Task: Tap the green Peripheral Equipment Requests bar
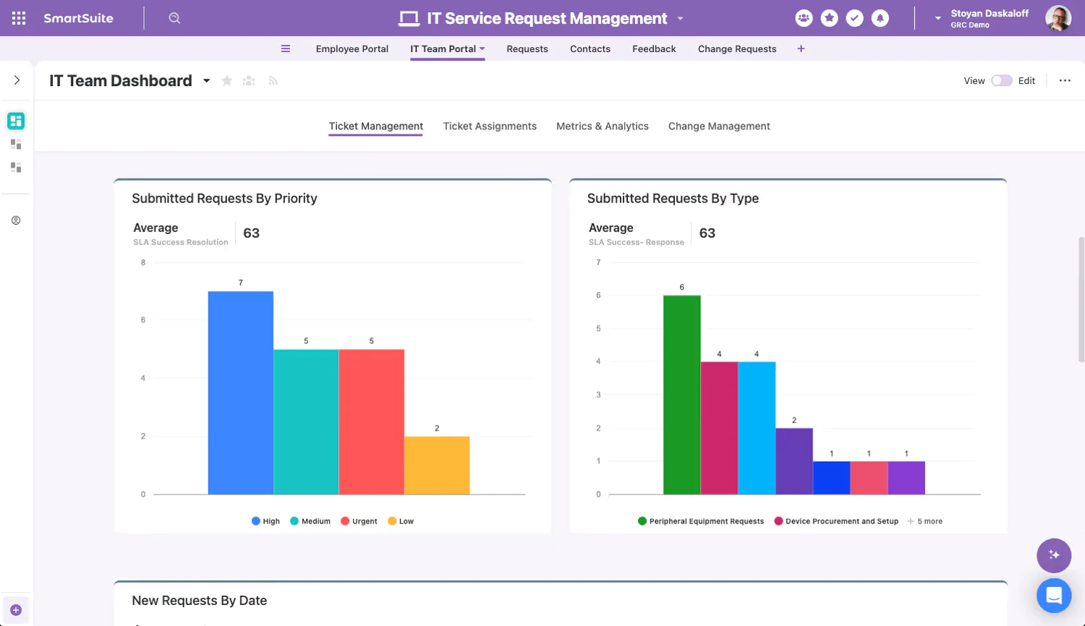tap(681, 395)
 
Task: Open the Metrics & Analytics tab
tap(602, 126)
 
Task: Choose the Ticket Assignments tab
tap(490, 126)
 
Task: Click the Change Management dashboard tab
tap(718, 126)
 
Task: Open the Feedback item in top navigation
tap(654, 49)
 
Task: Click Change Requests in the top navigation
tap(736, 49)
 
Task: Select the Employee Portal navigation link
tap(352, 49)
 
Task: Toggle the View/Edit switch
tap(1001, 81)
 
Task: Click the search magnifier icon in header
tap(174, 18)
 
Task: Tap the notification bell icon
tap(880, 18)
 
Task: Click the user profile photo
tap(1058, 18)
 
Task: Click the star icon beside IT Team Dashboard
tap(227, 81)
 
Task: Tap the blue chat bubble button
tap(1053, 596)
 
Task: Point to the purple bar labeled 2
tap(794, 461)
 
